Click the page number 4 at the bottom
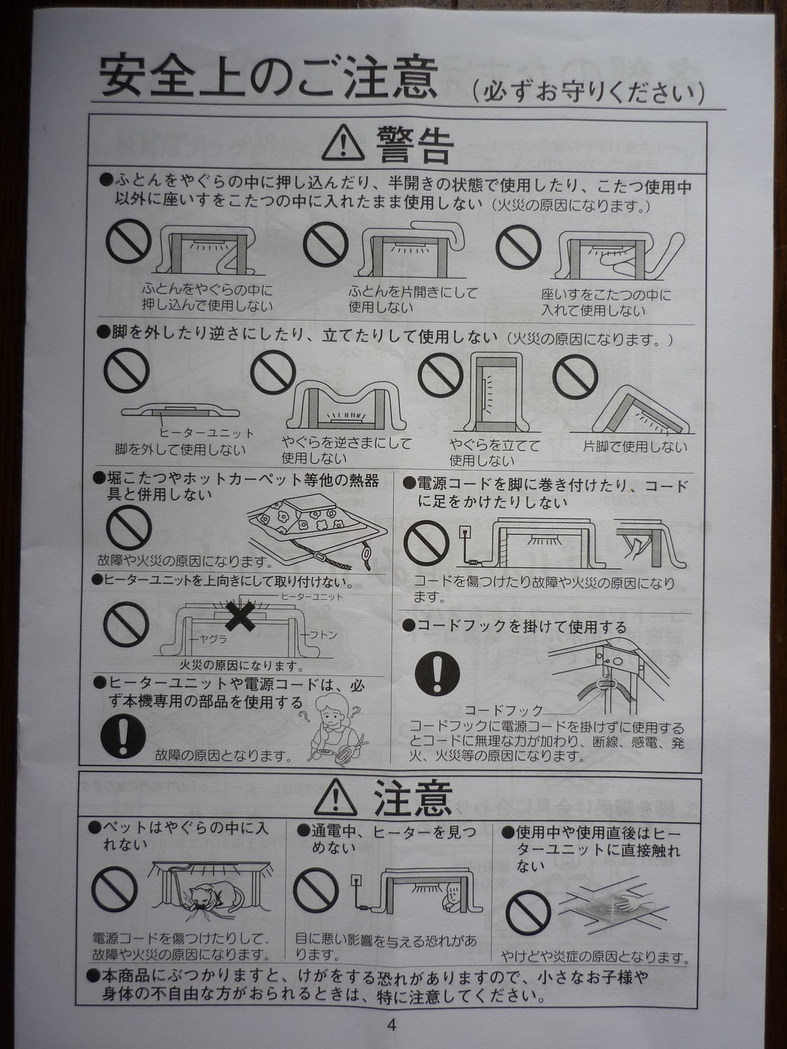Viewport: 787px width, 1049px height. tap(392, 1021)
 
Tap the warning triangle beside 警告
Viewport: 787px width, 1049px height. tap(342, 143)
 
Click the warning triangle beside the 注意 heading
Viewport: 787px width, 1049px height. tap(335, 798)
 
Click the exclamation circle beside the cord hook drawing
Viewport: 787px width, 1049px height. tap(437, 673)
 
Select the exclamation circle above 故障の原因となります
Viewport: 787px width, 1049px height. tap(123, 736)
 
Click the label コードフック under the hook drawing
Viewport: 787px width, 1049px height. tap(504, 710)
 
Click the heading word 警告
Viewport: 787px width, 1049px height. tap(414, 145)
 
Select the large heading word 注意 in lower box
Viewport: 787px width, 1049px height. tap(412, 798)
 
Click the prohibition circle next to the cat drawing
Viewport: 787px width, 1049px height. tap(114, 889)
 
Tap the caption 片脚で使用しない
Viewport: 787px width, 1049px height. tap(635, 446)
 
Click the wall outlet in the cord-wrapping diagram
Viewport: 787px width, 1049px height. tap(464, 532)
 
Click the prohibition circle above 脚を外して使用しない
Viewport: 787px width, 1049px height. tap(126, 370)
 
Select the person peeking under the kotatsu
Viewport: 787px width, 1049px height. tap(453, 895)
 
